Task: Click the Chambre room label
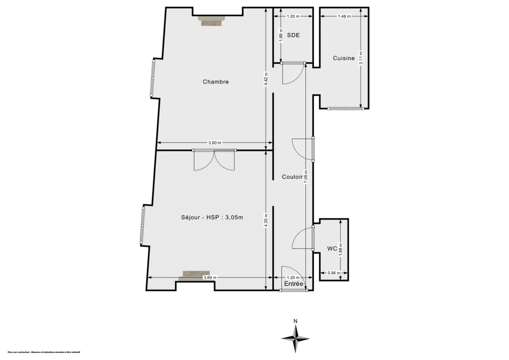click(215, 82)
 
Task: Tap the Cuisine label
click(344, 59)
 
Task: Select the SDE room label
click(293, 35)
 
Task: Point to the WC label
click(332, 249)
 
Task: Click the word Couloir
click(293, 177)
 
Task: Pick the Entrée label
click(294, 284)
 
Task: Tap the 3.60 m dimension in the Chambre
click(215, 143)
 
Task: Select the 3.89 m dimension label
click(210, 278)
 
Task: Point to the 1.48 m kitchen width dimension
click(344, 17)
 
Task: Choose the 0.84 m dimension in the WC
click(334, 273)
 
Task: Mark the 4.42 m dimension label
click(266, 78)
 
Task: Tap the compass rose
click(295, 338)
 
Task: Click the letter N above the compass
click(295, 321)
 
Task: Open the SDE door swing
click(293, 73)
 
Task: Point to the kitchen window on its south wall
click(346, 109)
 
